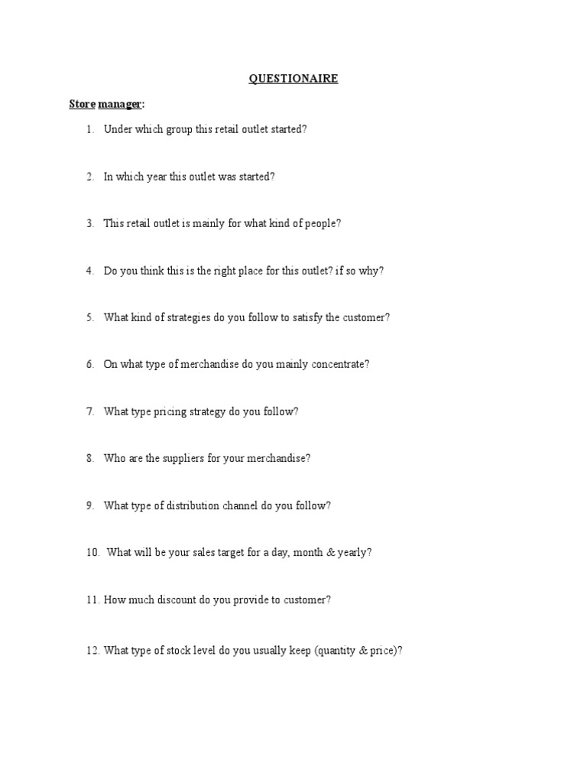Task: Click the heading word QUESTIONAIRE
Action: click(x=293, y=78)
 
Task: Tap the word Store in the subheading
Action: click(x=82, y=103)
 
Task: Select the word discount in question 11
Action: click(x=176, y=600)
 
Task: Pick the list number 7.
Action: click(x=89, y=411)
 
